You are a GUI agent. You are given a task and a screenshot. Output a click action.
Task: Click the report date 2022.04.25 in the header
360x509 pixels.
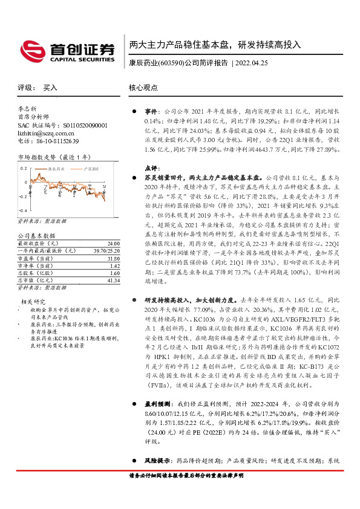[x=250, y=63]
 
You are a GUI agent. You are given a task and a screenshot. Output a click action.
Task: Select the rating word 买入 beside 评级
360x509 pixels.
[x=50, y=88]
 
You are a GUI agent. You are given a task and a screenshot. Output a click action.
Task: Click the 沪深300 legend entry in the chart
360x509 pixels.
[x=91, y=170]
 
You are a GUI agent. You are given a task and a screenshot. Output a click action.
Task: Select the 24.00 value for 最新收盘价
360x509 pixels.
[x=113, y=242]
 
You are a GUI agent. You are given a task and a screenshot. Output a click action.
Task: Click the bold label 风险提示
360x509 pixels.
[x=155, y=461]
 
